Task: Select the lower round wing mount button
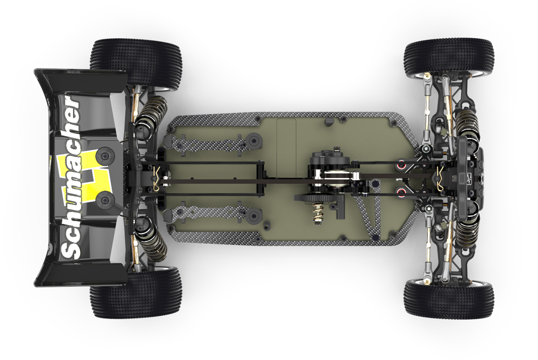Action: [105, 200]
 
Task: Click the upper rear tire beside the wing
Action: [136, 63]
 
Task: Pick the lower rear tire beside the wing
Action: [136, 292]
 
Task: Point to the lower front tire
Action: [449, 298]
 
